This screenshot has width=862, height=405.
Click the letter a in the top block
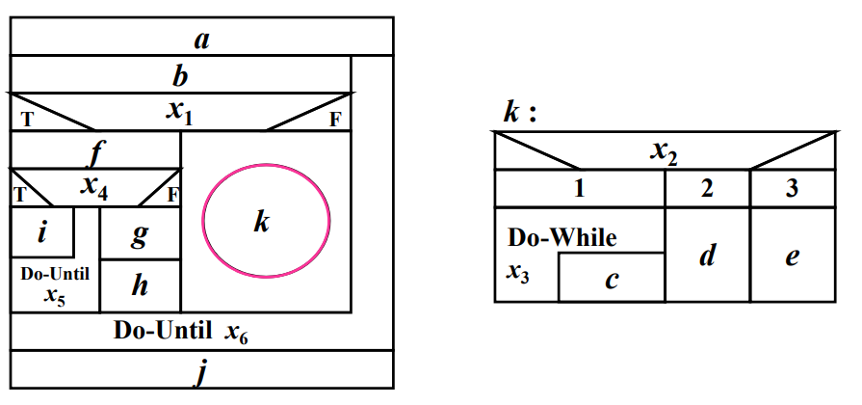pos(201,40)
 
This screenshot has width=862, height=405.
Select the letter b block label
pos(180,76)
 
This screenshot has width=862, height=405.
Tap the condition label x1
pos(179,112)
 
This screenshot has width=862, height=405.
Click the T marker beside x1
pos(26,120)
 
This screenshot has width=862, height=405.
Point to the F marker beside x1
pos(335,120)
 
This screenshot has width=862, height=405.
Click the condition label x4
pos(94,188)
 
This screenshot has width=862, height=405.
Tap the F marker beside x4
pos(172,196)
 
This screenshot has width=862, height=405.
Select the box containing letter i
pos(42,231)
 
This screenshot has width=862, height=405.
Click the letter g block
pos(141,232)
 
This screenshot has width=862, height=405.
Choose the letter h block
pos(141,285)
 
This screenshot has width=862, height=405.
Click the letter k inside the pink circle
pos(262,223)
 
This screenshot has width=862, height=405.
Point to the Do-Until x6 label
pos(180,332)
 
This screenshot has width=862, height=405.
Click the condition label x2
pos(665,152)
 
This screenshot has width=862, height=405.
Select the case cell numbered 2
pos(708,189)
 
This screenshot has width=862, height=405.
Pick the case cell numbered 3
pos(793,189)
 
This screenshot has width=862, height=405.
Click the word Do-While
pos(562,238)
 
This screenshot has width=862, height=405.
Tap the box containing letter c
pos(612,278)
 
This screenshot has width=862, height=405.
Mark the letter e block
pos(793,255)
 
